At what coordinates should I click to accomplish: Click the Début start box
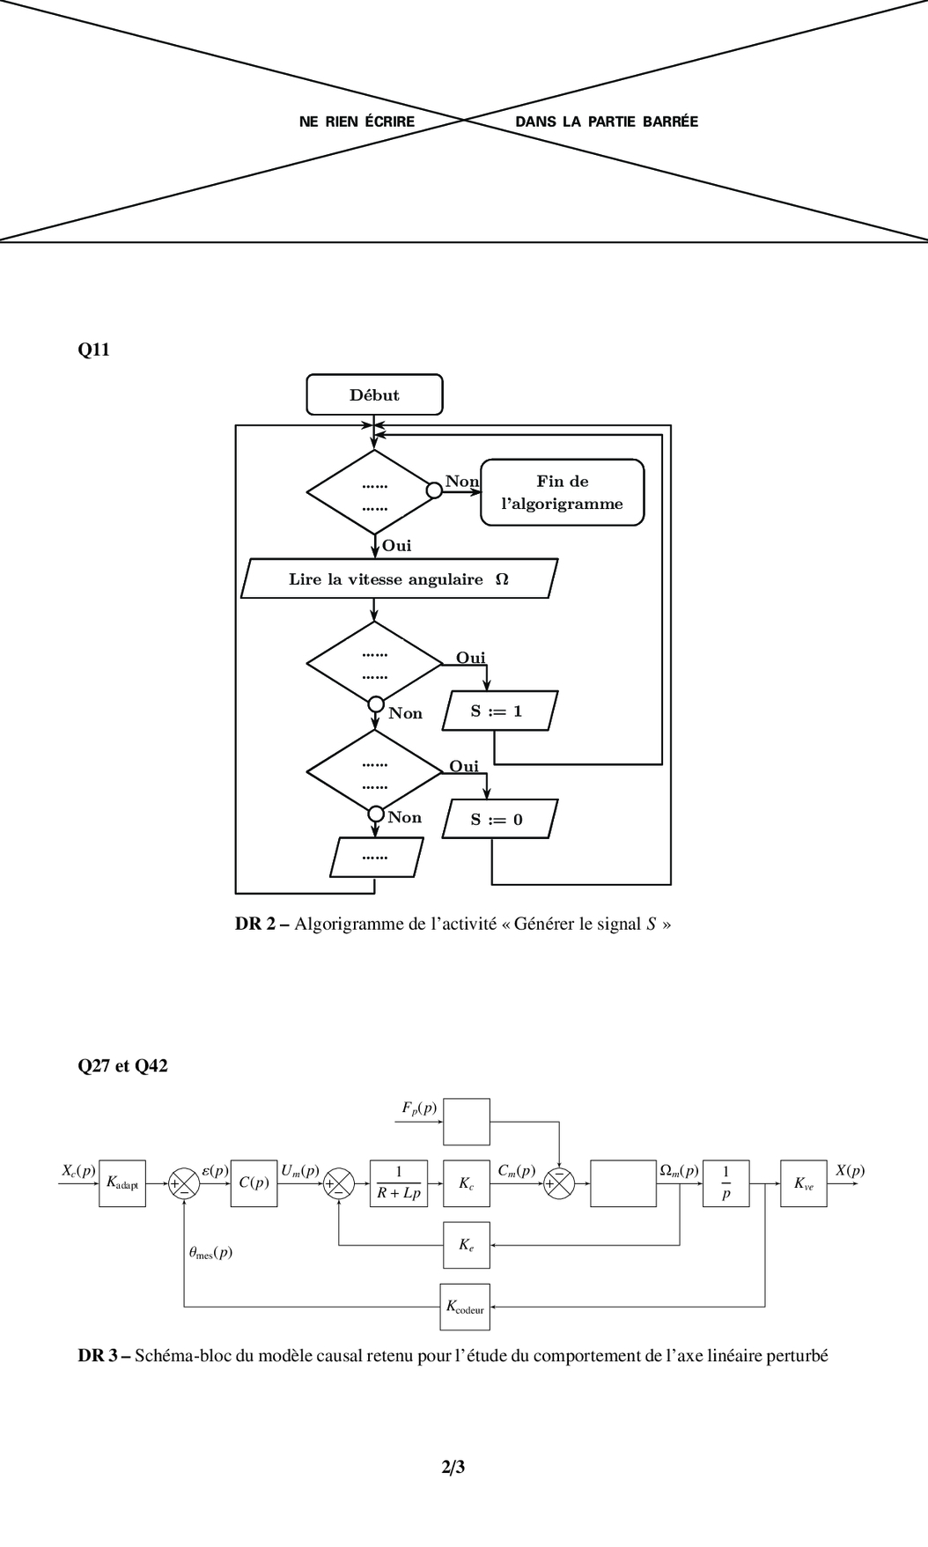[x=374, y=394]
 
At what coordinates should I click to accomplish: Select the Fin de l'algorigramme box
[x=562, y=492]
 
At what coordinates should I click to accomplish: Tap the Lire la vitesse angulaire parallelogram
[x=399, y=578]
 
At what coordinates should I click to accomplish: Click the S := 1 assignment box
[x=499, y=711]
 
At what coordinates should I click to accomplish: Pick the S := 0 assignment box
[x=499, y=819]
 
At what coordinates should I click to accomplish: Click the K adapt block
[x=122, y=1183]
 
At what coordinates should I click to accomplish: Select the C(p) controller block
[x=254, y=1183]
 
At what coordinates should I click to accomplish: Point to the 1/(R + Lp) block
[x=399, y=1183]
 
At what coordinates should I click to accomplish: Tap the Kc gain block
[x=467, y=1183]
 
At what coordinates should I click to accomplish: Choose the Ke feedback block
[x=467, y=1245]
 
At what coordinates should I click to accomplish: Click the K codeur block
[x=465, y=1307]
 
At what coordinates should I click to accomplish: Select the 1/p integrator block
[x=725, y=1183]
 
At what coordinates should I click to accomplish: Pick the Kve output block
[x=803, y=1183]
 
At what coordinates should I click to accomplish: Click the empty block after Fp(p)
[x=467, y=1121]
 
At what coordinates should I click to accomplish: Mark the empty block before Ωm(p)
[x=622, y=1183]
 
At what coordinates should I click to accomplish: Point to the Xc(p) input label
[x=78, y=1170]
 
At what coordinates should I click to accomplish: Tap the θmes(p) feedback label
[x=210, y=1252]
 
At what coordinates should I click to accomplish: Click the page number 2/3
[x=453, y=1467]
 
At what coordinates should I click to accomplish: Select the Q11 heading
[x=94, y=350]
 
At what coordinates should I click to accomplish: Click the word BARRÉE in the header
[x=670, y=122]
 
